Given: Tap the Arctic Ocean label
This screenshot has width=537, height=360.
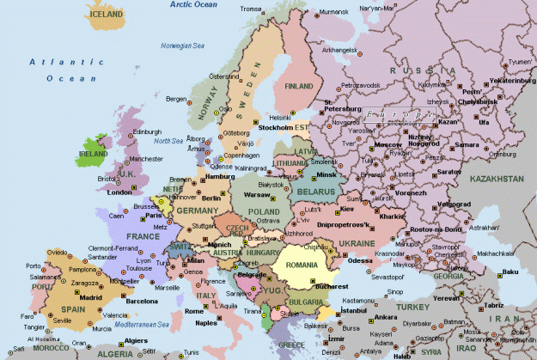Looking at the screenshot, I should click(x=194, y=4).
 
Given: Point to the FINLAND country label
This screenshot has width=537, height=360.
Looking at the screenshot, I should click(x=299, y=87).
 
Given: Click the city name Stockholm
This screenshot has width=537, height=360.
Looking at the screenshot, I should click(x=277, y=127).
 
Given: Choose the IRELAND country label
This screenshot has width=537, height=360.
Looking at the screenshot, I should click(x=92, y=154).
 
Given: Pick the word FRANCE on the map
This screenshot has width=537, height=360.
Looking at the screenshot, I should click(x=143, y=235).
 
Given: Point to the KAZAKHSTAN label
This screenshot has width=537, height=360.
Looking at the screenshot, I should click(x=497, y=179).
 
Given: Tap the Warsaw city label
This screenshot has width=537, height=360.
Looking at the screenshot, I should click(x=259, y=194).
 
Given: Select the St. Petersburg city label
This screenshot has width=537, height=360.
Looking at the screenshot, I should click(x=340, y=109).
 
